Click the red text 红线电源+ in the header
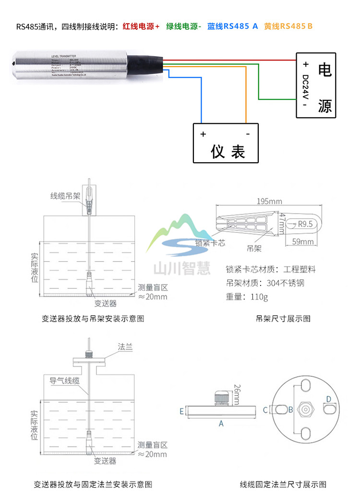[141, 26]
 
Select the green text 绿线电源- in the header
[184, 26]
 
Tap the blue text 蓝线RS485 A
[232, 26]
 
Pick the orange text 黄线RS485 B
[288, 26]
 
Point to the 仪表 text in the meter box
[228, 152]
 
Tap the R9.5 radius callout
[305, 224]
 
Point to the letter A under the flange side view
[221, 423]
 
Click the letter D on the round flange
[329, 399]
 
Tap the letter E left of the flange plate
[181, 411]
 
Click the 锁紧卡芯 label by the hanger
[210, 243]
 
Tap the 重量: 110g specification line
[247, 296]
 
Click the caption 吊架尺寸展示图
[283, 318]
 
